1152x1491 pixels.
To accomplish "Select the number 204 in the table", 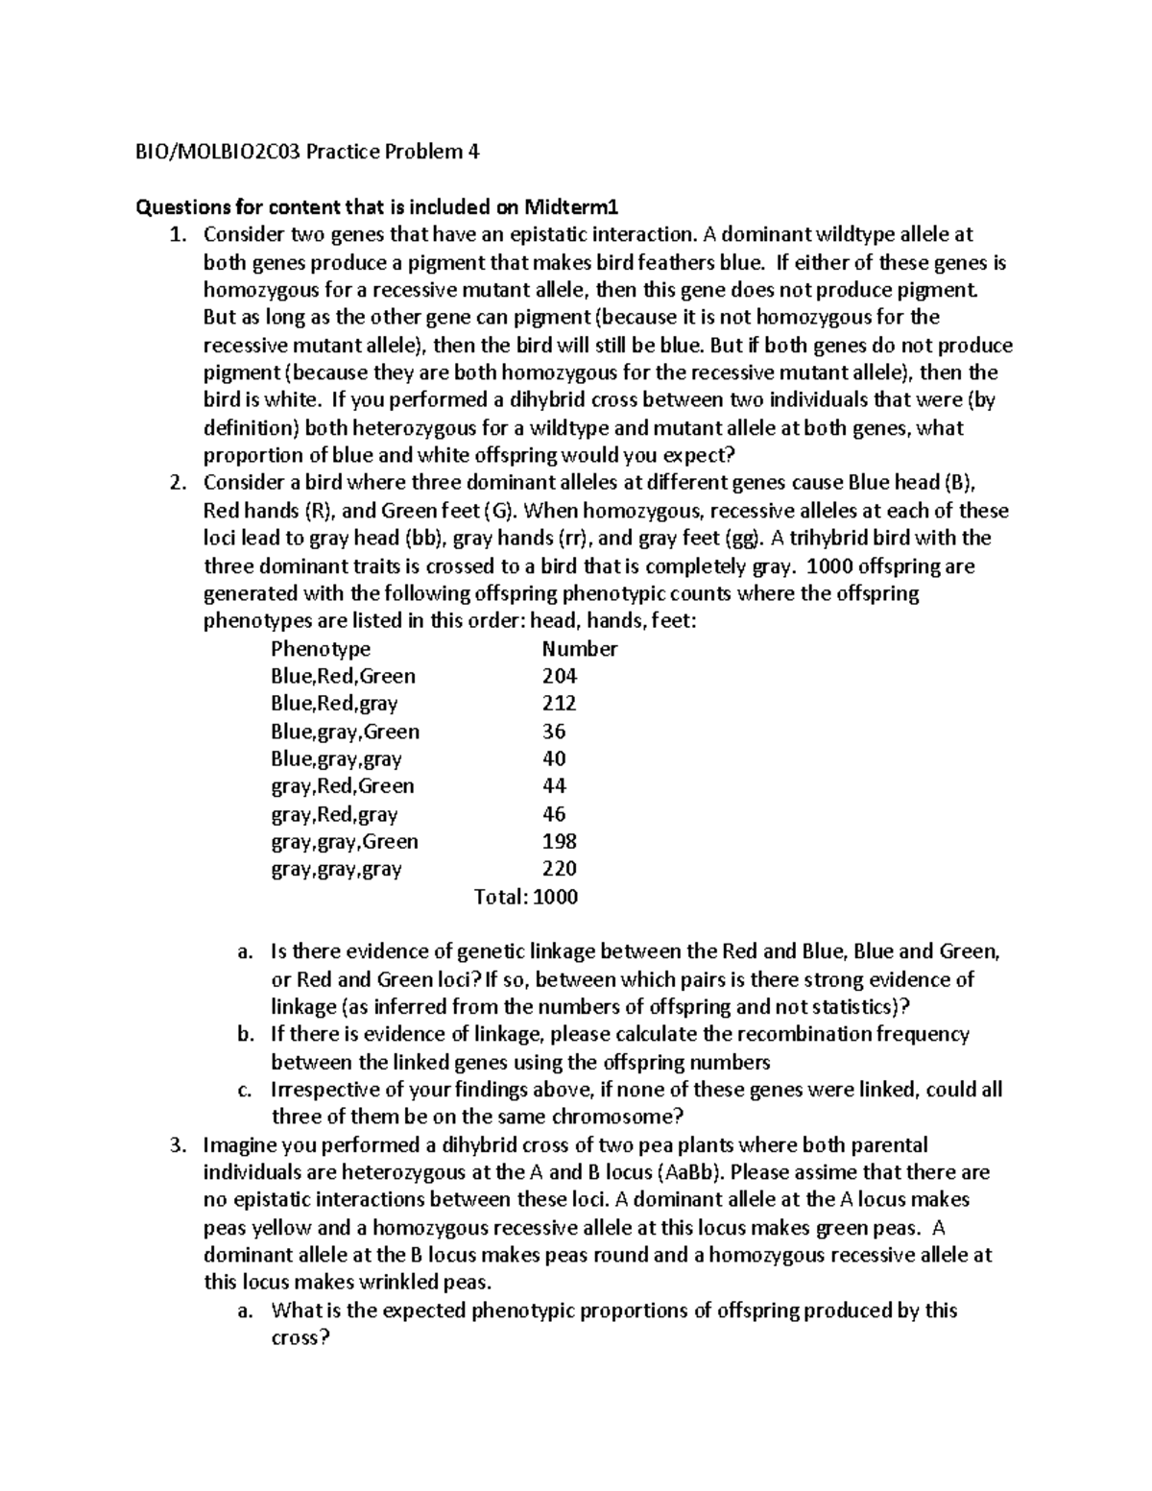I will pyautogui.click(x=560, y=676).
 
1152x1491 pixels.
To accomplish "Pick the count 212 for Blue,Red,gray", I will pyautogui.click(x=560, y=704).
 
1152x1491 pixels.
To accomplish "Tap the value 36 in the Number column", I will pyautogui.click(x=554, y=732).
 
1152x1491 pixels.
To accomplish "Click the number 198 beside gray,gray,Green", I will pyautogui.click(x=560, y=842).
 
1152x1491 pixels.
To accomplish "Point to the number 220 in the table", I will pyautogui.click(x=560, y=870).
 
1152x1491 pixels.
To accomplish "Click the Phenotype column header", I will pyautogui.click(x=321, y=649).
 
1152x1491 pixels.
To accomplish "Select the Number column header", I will pyautogui.click(x=580, y=649).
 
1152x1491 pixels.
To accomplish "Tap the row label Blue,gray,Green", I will pyautogui.click(x=346, y=732).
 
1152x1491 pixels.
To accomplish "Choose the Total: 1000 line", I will pyautogui.click(x=526, y=898).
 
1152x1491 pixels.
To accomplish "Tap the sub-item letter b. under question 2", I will pyautogui.click(x=245, y=1035).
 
